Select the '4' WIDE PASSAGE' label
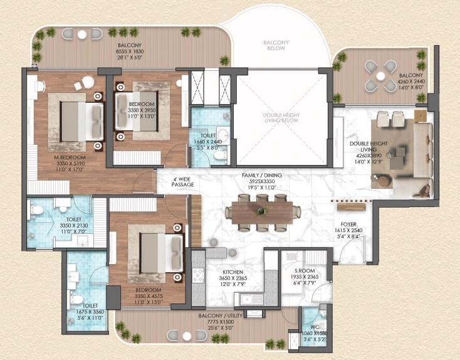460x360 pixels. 184,181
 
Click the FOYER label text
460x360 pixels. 348,223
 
